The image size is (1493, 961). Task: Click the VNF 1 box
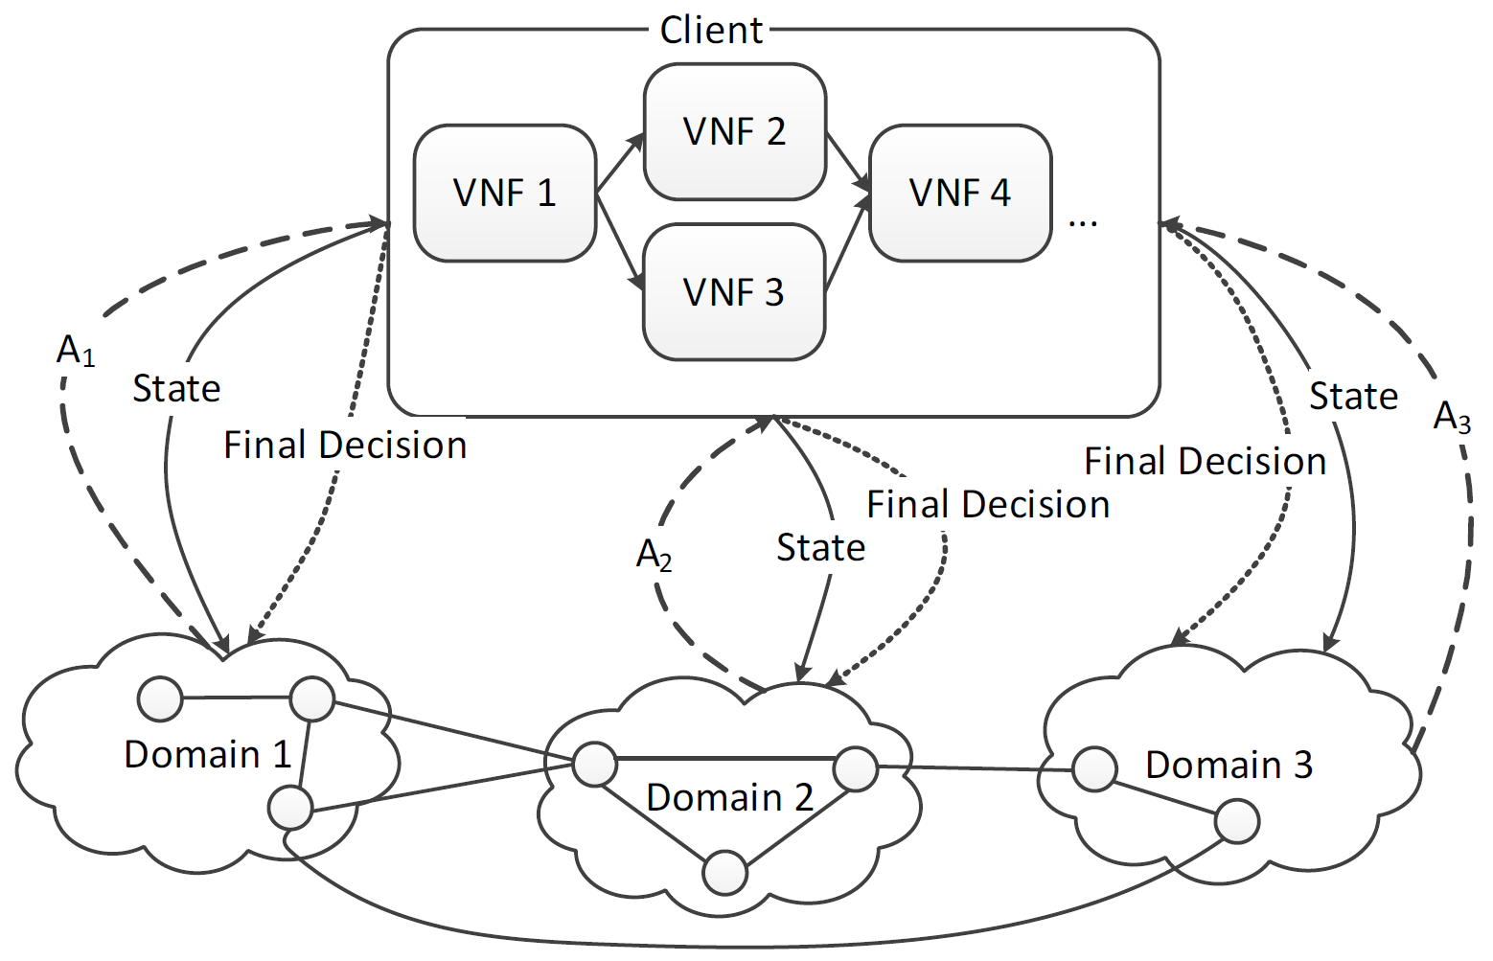pyautogui.click(x=505, y=193)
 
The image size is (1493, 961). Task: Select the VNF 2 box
pyautogui.click(x=734, y=131)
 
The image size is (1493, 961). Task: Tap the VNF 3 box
pyautogui.click(x=734, y=291)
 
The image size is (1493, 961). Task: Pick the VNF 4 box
pyautogui.click(x=960, y=193)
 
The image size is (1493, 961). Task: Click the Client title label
pyautogui.click(x=711, y=30)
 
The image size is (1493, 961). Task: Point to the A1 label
pyautogui.click(x=76, y=352)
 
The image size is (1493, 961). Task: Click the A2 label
pyautogui.click(x=654, y=555)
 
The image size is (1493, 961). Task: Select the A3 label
pyautogui.click(x=1451, y=417)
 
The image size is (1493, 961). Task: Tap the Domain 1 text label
pyautogui.click(x=207, y=755)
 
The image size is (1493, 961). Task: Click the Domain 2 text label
pyautogui.click(x=729, y=797)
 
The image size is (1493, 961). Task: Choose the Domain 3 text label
pyautogui.click(x=1229, y=765)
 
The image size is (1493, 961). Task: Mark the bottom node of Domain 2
pyautogui.click(x=724, y=873)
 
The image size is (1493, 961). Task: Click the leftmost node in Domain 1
pyautogui.click(x=160, y=698)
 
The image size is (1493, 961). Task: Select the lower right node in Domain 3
pyautogui.click(x=1236, y=821)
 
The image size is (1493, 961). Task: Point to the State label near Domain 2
pyautogui.click(x=820, y=548)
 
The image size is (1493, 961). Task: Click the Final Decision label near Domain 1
pyautogui.click(x=345, y=446)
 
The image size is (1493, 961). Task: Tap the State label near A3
pyautogui.click(x=1353, y=397)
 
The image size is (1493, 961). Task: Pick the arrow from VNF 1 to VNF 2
pyautogui.click(x=620, y=163)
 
